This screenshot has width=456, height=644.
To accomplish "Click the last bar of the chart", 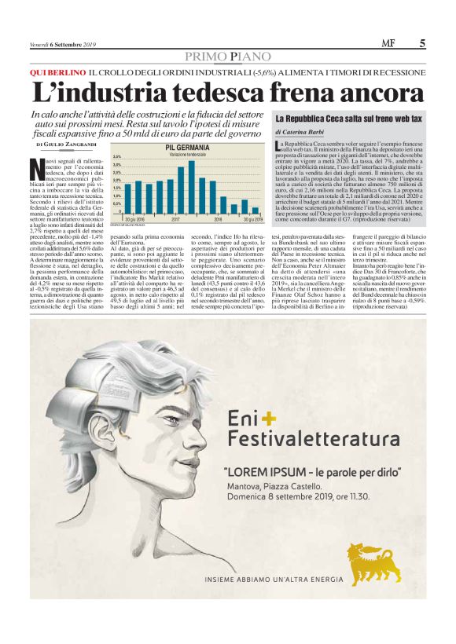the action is [x=255, y=210].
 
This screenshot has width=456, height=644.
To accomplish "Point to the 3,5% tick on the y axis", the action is [x=116, y=157].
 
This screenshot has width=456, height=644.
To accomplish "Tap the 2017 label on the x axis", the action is [x=175, y=219].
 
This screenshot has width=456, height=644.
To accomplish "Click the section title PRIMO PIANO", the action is [x=227, y=57].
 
